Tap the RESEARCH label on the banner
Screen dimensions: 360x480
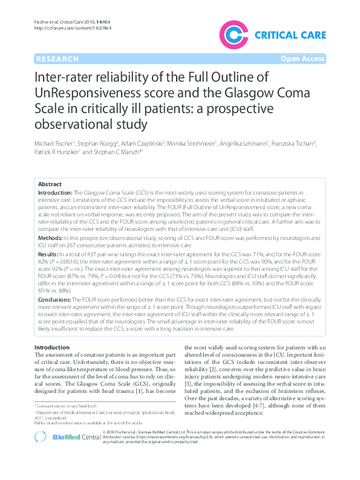coord(57,59)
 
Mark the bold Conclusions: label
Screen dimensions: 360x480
coord(56,299)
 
